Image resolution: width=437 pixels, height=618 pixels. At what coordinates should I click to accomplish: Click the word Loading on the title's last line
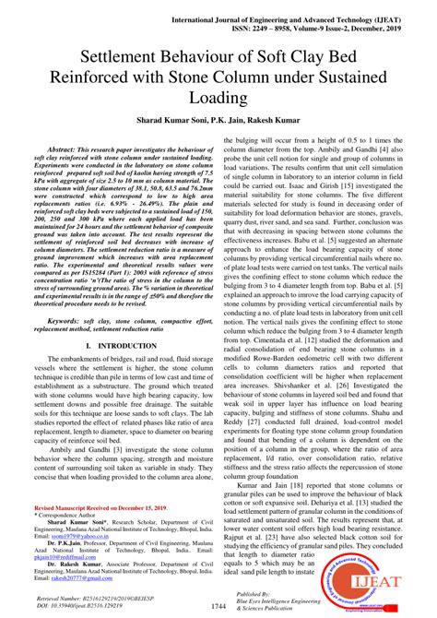218,96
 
